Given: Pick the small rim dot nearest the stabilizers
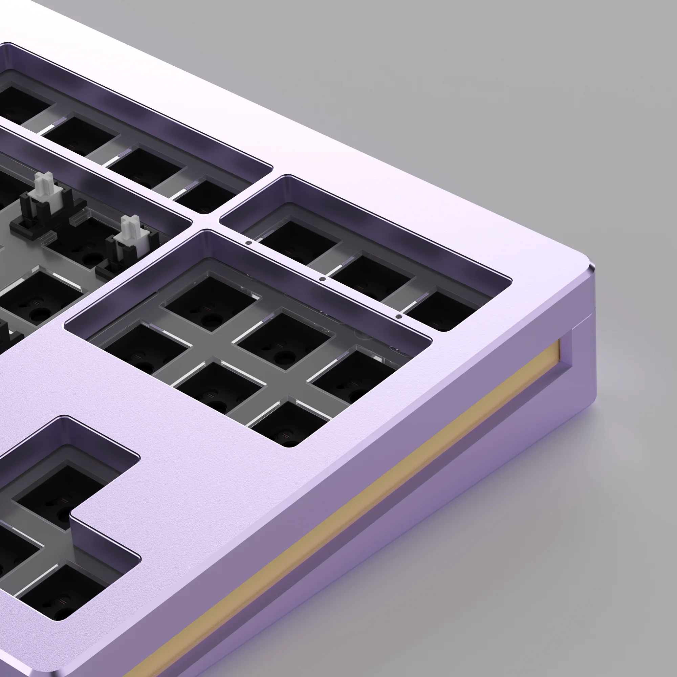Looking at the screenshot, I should (x=249, y=242).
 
